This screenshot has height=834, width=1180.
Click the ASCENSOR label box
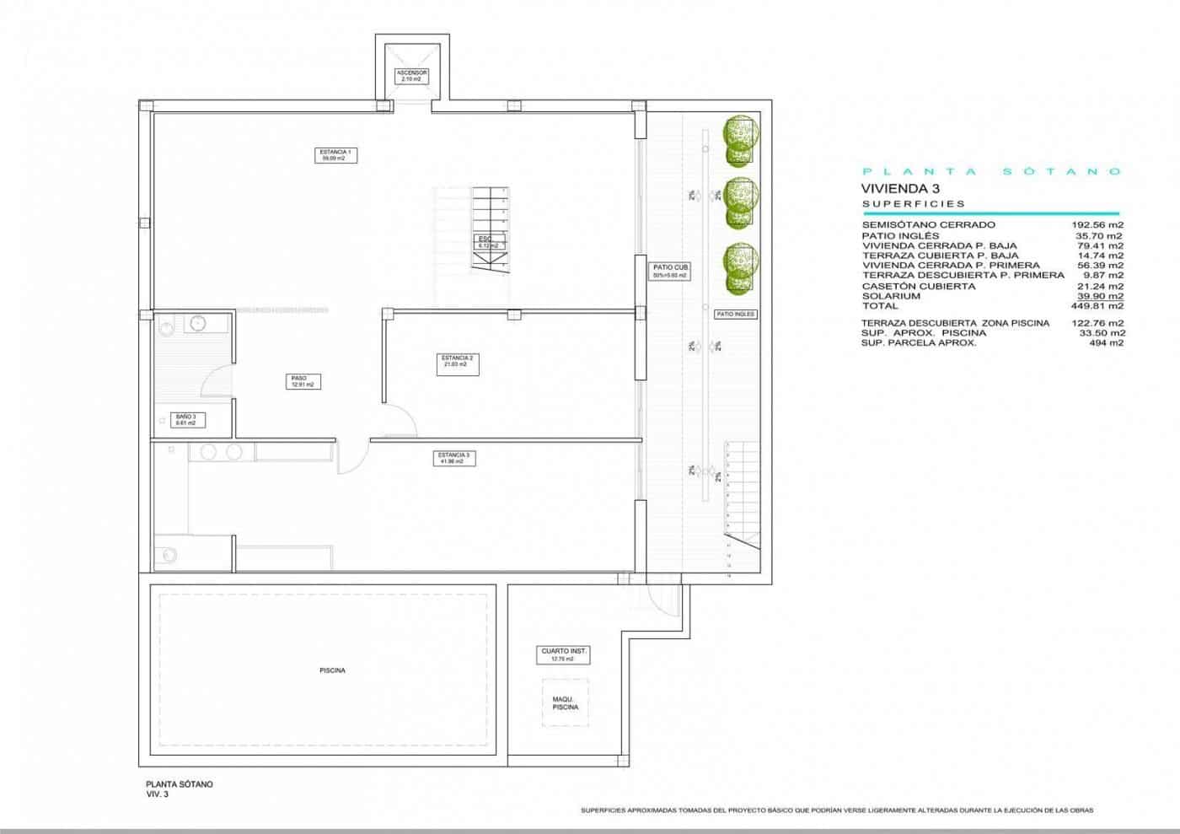[412, 76]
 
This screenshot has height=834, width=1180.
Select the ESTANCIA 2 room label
[457, 361]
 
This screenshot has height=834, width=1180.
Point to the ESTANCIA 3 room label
[453, 458]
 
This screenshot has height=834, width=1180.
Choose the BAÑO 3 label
[186, 420]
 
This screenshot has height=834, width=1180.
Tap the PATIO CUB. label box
[670, 272]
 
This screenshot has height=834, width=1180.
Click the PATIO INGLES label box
[736, 314]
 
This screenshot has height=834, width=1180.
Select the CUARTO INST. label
[563, 654]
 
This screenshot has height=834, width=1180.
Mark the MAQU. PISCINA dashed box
[566, 702]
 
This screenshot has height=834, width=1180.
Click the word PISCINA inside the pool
[332, 670]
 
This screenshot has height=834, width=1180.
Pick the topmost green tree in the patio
[740, 135]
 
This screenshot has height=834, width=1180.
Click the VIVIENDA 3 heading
[899, 189]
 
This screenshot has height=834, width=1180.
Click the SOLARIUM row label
[891, 296]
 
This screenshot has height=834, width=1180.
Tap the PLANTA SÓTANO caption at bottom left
[180, 784]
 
